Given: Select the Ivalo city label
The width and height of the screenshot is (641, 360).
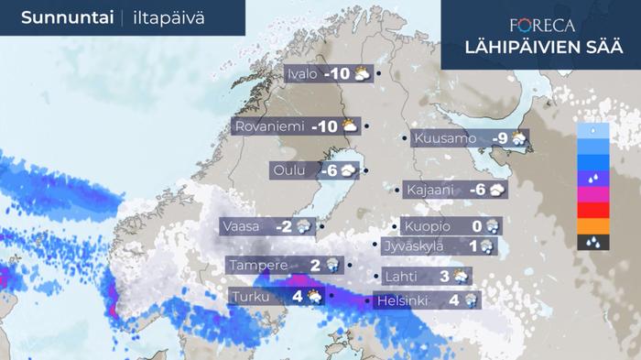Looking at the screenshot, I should pos(301,74).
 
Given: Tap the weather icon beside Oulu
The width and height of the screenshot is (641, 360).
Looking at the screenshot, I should pos(352,170).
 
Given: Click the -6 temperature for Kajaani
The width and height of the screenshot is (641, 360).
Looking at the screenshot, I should pos(475,190).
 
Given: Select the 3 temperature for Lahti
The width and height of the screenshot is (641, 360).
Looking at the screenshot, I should pos(443,276).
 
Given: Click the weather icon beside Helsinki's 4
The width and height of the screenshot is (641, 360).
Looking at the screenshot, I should pos(471,299).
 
